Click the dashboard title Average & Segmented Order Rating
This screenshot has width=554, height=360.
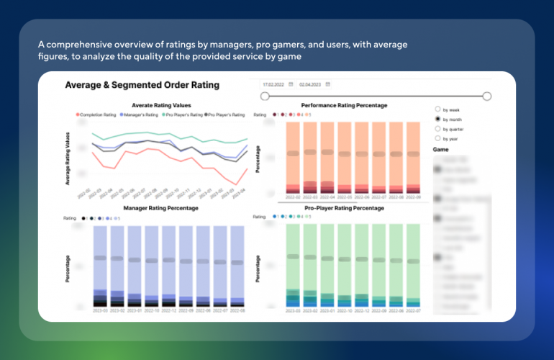click(142, 85)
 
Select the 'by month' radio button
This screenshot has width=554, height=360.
click(437, 119)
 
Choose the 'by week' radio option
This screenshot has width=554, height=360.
click(437, 109)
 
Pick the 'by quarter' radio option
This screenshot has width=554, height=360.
click(437, 128)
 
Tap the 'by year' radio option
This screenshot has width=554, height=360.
click(437, 138)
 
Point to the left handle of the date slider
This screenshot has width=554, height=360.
click(265, 96)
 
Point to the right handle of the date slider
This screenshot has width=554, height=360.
click(487, 96)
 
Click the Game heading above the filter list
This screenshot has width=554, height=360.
click(441, 150)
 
